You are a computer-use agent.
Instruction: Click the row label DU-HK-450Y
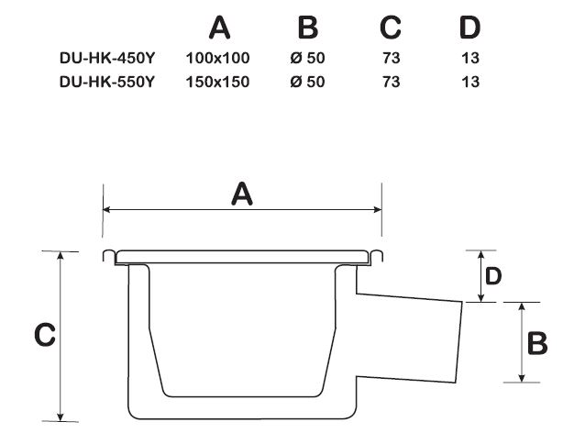[107, 58]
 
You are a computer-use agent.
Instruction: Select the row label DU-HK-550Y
[107, 82]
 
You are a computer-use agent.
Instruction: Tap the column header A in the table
[220, 28]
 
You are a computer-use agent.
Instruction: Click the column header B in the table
[308, 28]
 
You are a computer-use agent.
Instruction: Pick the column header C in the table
[391, 28]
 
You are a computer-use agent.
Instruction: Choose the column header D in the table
[470, 28]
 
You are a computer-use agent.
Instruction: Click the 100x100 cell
[218, 58]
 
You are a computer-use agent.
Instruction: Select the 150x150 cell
[218, 82]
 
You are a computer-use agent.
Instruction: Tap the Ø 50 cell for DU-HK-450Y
[307, 58]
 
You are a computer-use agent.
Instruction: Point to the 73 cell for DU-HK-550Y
[392, 82]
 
